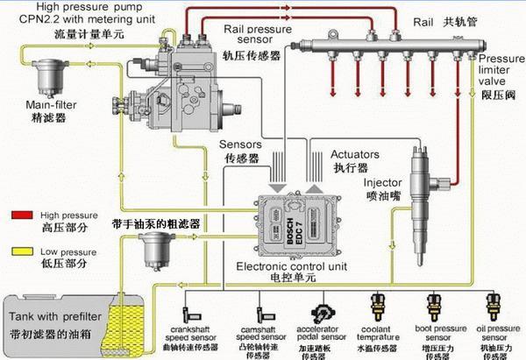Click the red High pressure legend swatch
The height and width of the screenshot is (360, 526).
(x=22, y=213)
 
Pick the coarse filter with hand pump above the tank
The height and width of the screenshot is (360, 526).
(x=157, y=255)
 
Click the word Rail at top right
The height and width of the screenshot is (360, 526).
(x=422, y=18)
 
